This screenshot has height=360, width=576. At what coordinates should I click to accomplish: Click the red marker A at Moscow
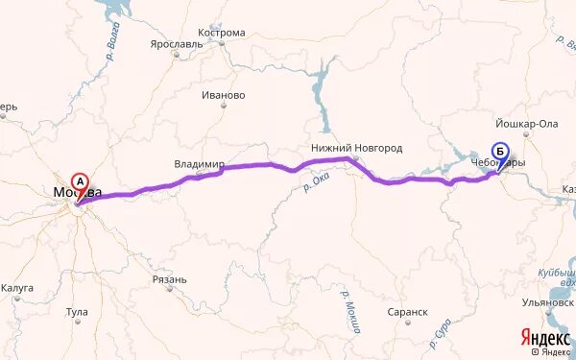81,180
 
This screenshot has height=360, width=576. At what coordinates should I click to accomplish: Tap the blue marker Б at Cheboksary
499,151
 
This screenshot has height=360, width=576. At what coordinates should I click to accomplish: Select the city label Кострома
221,32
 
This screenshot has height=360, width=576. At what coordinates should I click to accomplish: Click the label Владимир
199,164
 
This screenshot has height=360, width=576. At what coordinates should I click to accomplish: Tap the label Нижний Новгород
356,148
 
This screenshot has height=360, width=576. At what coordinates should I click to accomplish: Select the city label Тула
76,312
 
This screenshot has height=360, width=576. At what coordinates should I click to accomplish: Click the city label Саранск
408,312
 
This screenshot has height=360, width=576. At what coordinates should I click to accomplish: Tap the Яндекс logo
544,337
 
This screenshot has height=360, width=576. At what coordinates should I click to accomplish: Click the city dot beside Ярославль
176,55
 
